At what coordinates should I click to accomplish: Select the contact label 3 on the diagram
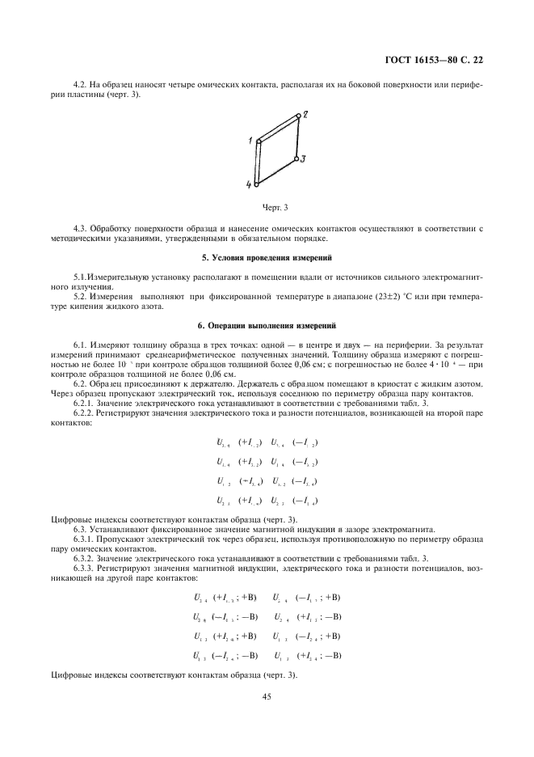[302, 160]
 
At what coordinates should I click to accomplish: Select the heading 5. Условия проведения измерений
[267, 257]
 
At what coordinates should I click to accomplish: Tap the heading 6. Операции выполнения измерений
[267, 325]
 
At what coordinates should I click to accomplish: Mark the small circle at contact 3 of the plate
[296, 159]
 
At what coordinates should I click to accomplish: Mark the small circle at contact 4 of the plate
[257, 184]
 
